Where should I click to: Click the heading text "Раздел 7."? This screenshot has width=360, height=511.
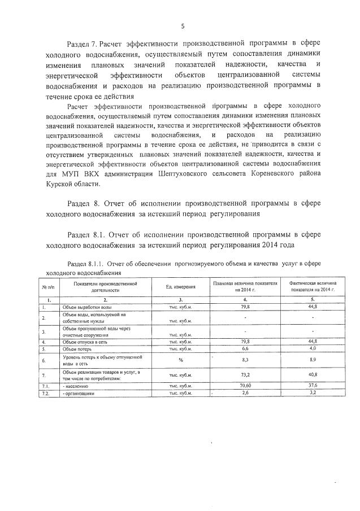click(x=83, y=43)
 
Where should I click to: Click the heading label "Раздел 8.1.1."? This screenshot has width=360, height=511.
click(x=85, y=264)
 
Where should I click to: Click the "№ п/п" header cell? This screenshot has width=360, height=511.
click(x=44, y=287)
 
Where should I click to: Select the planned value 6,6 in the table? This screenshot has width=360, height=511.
click(x=245, y=350)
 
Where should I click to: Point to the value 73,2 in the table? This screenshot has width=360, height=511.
click(x=245, y=374)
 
